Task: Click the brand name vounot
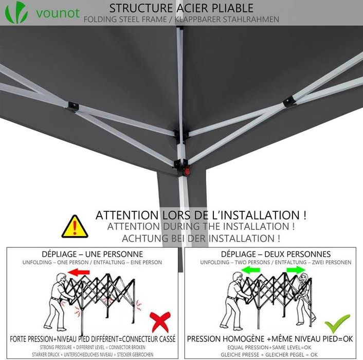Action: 58,12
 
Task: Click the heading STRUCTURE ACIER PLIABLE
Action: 181,8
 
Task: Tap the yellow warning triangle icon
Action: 75,227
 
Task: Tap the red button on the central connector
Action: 187,172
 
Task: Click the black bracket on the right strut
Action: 289,101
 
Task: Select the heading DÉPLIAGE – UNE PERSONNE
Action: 92,254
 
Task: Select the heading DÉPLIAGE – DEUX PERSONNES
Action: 276,254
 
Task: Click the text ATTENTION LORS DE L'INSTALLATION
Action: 201,215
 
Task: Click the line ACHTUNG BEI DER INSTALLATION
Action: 201,239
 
